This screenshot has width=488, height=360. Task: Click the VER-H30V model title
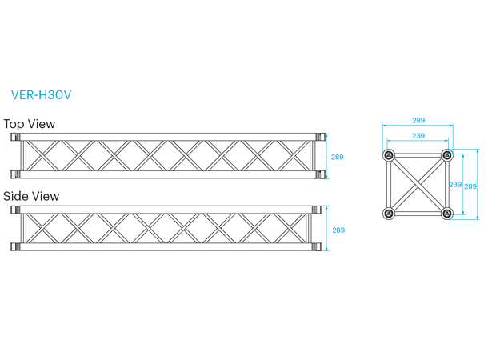click(x=41, y=94)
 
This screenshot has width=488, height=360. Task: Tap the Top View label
click(x=29, y=124)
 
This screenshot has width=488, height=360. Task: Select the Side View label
click(x=31, y=196)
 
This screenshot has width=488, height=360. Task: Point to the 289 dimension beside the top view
click(x=338, y=157)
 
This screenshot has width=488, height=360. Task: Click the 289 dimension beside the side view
click(x=338, y=230)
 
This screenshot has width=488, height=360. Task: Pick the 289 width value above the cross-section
click(x=418, y=120)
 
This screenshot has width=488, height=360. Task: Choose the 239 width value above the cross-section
click(x=418, y=136)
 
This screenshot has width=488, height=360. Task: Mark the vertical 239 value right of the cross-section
click(x=454, y=184)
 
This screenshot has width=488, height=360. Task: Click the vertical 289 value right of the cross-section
click(x=470, y=186)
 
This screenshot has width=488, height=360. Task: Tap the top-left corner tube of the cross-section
click(x=389, y=155)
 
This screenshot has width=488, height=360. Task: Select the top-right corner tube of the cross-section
click(x=446, y=155)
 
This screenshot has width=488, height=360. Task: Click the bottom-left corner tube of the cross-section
click(x=389, y=213)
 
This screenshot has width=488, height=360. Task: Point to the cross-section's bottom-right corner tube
click(x=446, y=213)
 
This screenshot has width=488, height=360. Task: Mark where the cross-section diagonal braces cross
click(x=418, y=184)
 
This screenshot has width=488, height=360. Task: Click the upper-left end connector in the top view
click(x=14, y=138)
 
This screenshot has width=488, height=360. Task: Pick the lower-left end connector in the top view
click(x=14, y=174)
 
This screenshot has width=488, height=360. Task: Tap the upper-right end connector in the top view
click(x=320, y=138)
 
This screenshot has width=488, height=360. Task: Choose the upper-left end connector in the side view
click(x=14, y=210)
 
